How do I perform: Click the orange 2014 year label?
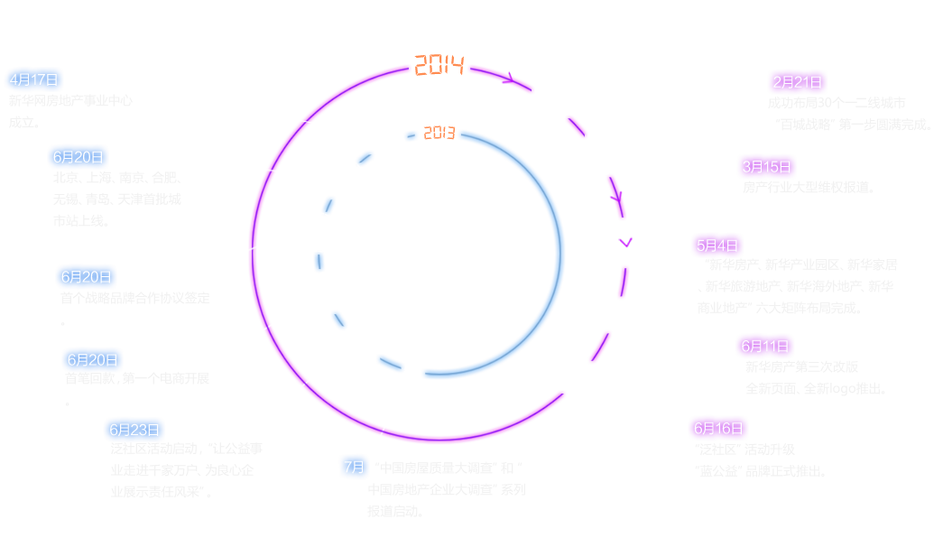[x=439, y=66]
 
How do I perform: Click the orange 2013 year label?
[x=439, y=134]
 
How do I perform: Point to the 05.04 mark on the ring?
[x=625, y=243]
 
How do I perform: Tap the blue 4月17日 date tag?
[x=33, y=79]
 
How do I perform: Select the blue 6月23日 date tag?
[x=134, y=430]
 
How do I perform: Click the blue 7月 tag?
[x=354, y=468]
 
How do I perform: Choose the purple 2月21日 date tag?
[x=797, y=82]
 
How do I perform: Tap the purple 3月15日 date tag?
[x=766, y=167]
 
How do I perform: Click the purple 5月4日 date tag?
[x=717, y=245]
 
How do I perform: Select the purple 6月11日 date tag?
[x=764, y=346]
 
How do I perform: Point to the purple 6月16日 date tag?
[x=718, y=428]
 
